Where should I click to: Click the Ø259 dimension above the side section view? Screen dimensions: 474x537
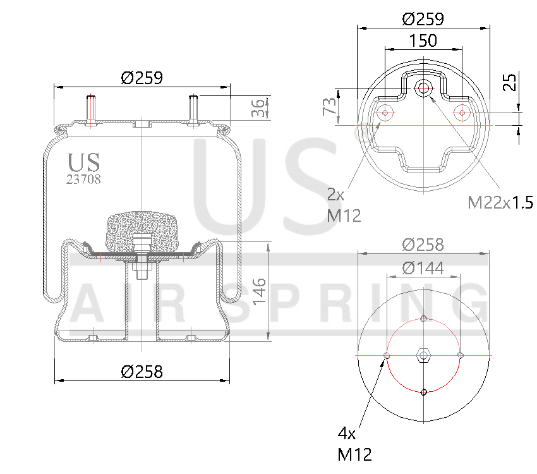142,78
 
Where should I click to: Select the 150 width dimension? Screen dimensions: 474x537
423,40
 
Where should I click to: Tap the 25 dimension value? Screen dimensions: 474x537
510,82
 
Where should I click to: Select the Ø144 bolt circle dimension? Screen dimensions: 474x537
423,268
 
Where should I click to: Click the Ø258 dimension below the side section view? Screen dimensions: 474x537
142,372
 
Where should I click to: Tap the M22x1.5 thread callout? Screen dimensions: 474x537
500,202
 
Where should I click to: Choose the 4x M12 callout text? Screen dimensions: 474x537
354,444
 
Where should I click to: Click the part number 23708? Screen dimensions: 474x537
83,179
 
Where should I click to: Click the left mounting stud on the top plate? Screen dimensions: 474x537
92,110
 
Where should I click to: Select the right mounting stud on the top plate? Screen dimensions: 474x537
193,110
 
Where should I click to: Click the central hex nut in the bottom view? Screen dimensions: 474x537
423,355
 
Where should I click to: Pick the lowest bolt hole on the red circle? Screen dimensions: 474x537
423,392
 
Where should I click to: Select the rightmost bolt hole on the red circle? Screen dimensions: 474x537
461,355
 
